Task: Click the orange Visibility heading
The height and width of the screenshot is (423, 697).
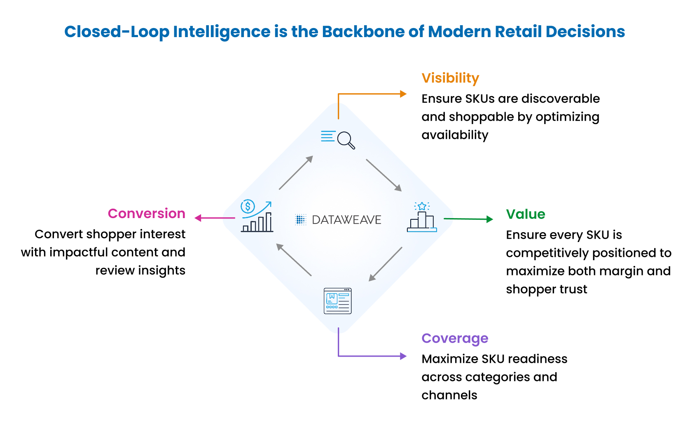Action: pos(450,78)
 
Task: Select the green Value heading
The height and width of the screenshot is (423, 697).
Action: pos(526,214)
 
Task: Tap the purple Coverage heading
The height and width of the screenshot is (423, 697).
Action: pos(455,338)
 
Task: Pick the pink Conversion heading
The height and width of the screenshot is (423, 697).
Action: pos(147,214)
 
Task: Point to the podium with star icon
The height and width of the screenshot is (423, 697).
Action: pos(422,217)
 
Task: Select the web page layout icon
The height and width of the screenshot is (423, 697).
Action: pos(338,301)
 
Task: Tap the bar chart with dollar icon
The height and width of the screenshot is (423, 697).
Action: pos(257,216)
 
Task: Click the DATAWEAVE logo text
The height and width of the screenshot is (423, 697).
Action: pos(346,220)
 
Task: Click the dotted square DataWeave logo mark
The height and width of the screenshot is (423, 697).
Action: pos(301,220)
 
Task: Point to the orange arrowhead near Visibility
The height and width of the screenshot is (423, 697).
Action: pos(403,94)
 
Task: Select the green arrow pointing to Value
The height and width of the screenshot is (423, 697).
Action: pos(468,219)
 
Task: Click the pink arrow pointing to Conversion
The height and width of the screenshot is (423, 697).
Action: pos(215,218)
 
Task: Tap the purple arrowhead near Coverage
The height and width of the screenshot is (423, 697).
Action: pos(403,356)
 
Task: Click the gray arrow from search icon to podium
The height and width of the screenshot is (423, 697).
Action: pos(384,175)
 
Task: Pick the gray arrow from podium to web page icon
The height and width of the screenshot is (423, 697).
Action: pos(385,264)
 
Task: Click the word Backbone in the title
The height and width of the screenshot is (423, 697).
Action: pos(363,31)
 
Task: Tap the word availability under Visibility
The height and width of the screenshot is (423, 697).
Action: pos(455,135)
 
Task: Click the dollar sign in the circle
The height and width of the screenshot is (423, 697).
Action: pos(248,206)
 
